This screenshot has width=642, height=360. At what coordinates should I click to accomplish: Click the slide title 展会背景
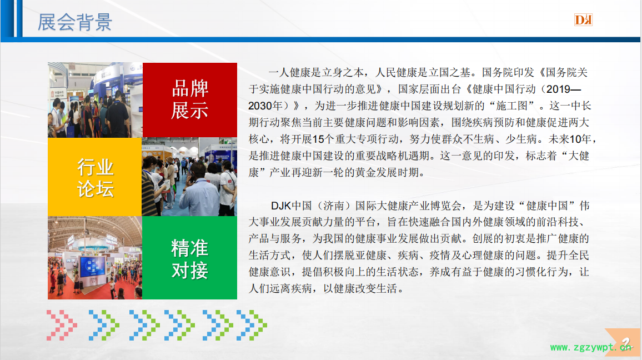pos(75,22)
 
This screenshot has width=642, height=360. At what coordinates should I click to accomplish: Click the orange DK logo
pos(583,19)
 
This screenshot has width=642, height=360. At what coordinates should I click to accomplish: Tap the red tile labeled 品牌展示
pos(189,100)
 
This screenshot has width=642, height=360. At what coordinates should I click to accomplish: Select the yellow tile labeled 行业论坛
pos(95,177)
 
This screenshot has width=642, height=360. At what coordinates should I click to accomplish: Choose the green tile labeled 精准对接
pos(189,258)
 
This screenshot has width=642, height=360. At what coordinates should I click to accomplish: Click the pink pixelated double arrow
pos(62,325)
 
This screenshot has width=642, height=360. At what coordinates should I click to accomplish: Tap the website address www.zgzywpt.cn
pos(591,347)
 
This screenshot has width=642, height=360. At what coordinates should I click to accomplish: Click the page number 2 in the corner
pos(626,342)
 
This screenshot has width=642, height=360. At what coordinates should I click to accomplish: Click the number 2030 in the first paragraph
pos(260,106)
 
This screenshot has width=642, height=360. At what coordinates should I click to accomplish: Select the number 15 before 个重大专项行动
pos(318,139)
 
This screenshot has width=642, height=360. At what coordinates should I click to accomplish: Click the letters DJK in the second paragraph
pos(281,206)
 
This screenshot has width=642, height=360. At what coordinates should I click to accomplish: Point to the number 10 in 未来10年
pos(575,139)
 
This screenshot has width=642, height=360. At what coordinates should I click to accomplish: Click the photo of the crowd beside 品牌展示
pos(95,100)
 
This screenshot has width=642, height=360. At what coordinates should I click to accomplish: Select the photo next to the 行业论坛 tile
pos(189,177)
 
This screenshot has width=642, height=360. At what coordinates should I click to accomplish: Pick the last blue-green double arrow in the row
pos(252,325)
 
